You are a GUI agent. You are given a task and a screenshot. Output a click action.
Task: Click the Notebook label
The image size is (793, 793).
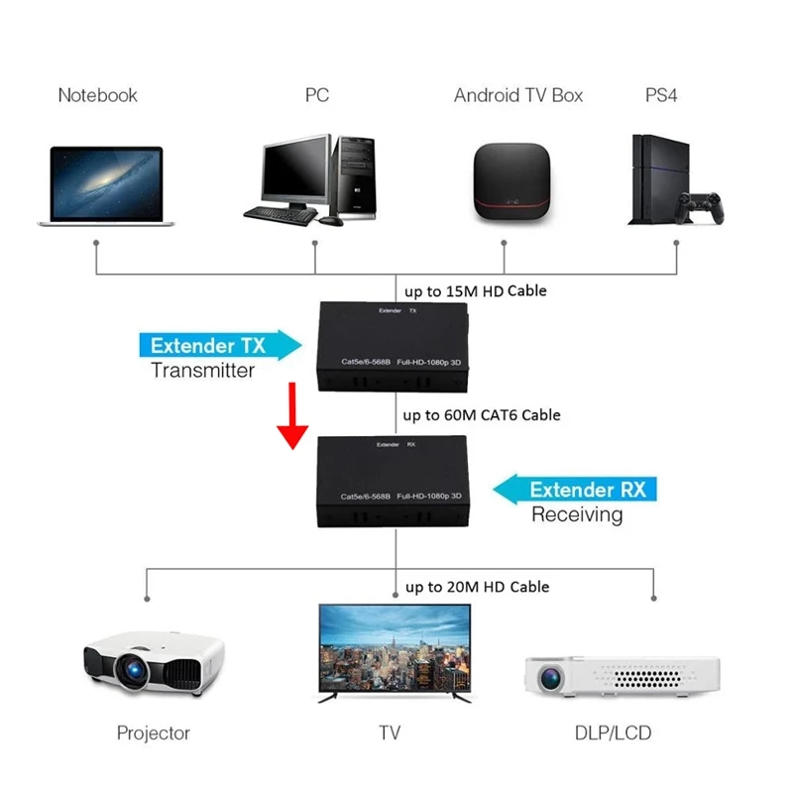[x=97, y=95]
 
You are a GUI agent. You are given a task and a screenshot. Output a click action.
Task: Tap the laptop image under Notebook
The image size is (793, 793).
[x=106, y=185]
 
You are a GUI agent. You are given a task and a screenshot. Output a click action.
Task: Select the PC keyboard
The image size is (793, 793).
[x=281, y=216]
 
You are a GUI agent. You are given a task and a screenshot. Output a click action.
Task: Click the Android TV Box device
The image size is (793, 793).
[x=511, y=182]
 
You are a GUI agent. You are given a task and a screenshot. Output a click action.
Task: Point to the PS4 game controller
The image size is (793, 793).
[x=701, y=207]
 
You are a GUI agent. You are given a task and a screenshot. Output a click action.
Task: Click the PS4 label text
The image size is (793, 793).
[x=661, y=95]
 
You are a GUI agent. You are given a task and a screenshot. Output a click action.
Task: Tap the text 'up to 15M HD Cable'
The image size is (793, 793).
[x=476, y=291]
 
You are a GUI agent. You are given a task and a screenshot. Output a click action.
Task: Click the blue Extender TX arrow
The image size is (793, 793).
[x=220, y=345]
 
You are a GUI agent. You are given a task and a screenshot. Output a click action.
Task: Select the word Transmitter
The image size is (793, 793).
[x=202, y=371]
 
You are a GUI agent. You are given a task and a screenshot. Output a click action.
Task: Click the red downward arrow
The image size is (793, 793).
[x=292, y=415]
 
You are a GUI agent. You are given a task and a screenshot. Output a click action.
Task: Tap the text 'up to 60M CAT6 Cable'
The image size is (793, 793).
[x=482, y=415]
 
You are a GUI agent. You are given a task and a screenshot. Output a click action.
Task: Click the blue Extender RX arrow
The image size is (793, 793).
[x=575, y=489]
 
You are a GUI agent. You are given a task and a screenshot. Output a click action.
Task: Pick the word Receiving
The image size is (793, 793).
[x=577, y=514]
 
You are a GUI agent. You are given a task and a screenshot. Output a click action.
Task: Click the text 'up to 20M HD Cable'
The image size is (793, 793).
[x=477, y=587]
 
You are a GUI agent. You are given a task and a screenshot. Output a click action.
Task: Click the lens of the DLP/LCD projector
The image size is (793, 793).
[x=551, y=679]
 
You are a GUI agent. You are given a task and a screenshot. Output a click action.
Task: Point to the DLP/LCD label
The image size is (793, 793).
[x=613, y=733]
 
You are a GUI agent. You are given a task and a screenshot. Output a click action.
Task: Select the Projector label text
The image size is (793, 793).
[x=154, y=733]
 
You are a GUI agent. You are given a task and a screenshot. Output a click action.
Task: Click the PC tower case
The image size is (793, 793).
[x=356, y=177]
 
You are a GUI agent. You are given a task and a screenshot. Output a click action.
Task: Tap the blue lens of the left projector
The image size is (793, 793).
[x=134, y=671]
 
